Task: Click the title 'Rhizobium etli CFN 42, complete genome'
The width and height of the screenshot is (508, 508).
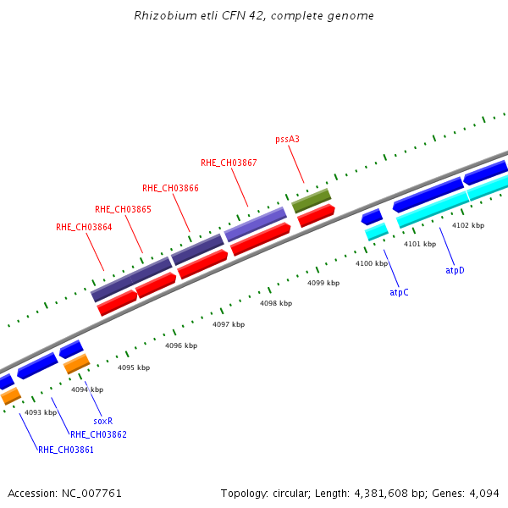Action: (254, 16)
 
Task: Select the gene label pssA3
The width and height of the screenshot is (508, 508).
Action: (288, 139)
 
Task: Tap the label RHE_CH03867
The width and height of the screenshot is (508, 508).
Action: (229, 163)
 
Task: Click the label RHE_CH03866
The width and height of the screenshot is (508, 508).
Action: (170, 188)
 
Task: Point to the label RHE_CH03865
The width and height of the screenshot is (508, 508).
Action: (123, 209)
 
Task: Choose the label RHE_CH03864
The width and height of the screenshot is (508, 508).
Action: (84, 227)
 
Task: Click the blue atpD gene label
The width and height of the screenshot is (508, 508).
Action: (455, 270)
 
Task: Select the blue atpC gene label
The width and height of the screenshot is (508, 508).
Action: (399, 292)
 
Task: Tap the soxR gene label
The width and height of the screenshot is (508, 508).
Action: (102, 420)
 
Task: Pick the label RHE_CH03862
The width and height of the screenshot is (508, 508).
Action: (98, 434)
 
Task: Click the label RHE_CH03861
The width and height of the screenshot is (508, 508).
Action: (65, 450)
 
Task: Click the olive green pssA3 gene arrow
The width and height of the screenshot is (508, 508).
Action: (312, 201)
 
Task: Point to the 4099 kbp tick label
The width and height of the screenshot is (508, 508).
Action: (323, 283)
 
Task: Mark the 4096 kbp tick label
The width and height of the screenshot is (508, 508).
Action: (181, 345)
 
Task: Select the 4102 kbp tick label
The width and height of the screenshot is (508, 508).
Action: (468, 225)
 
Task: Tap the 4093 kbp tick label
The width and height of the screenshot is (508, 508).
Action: (41, 412)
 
